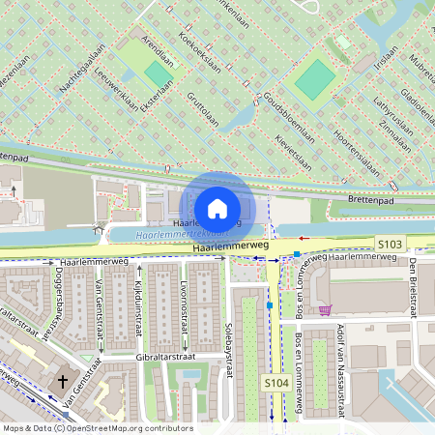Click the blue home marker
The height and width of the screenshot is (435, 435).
coord(217,208)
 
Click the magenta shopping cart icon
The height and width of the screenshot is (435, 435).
coord(326,310)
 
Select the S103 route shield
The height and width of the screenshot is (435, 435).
coord(389,246)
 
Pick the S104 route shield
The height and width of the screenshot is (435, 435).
coord(276,384)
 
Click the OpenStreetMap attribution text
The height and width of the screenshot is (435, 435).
coord(98,427)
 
